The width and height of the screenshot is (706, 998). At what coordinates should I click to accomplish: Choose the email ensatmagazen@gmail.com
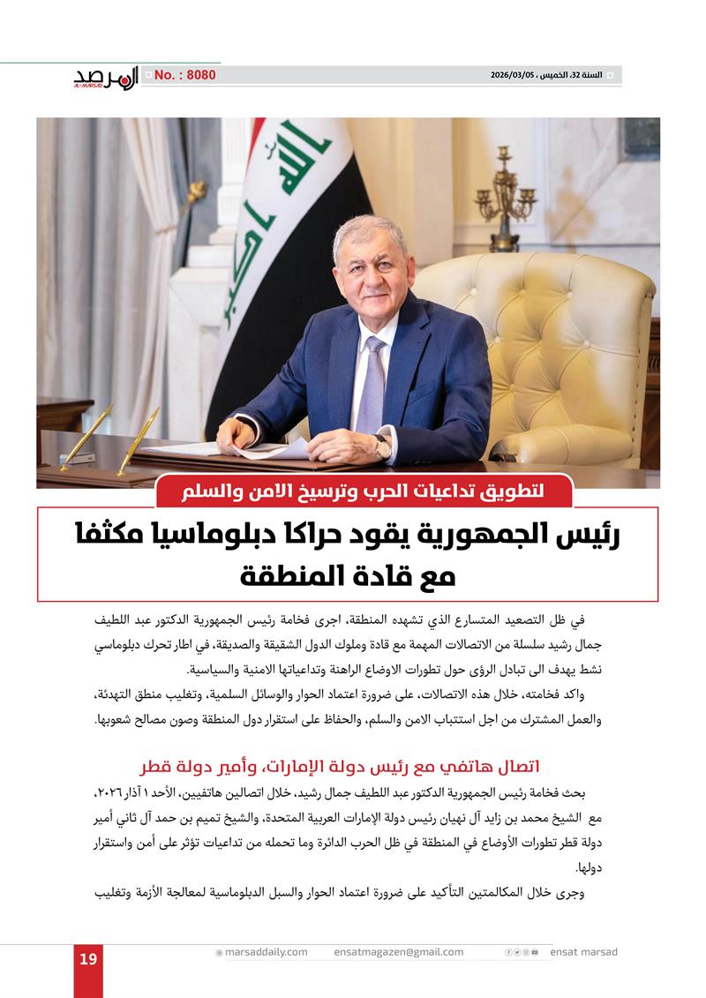point(398,951)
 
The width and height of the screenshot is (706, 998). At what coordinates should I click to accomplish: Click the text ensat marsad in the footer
point(583,951)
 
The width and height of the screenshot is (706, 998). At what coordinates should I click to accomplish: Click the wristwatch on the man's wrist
point(382,446)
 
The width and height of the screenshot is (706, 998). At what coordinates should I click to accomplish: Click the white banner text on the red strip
point(364,491)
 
